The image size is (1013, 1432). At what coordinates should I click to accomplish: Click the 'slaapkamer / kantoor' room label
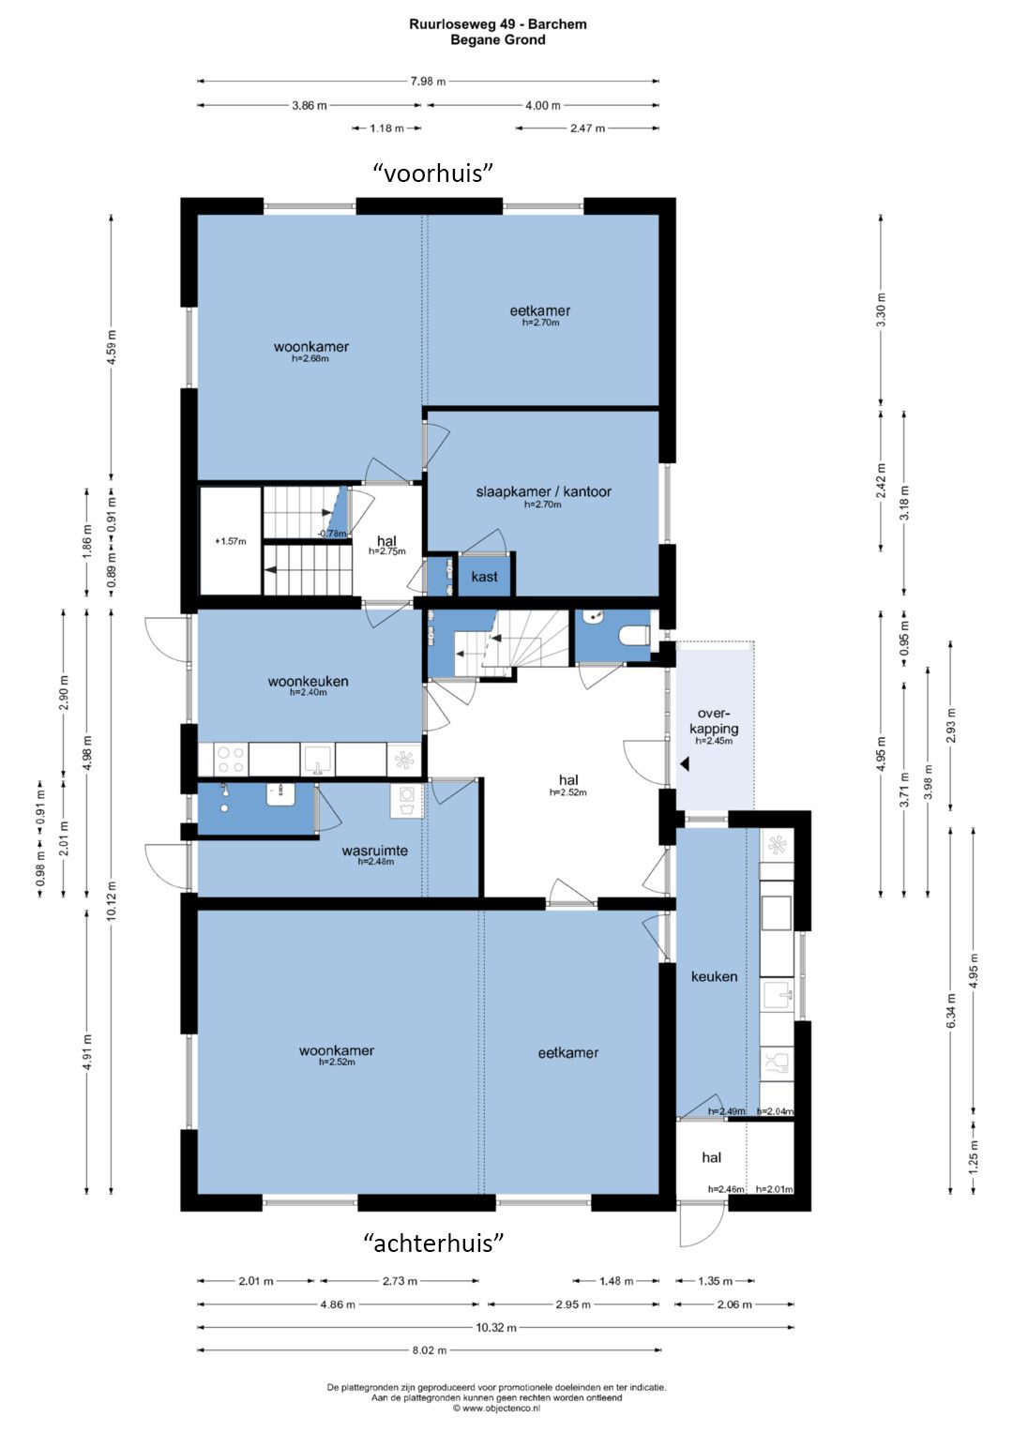tap(543, 491)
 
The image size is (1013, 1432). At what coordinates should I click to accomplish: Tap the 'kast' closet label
tap(484, 577)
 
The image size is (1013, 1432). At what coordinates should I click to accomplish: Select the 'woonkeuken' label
tap(309, 682)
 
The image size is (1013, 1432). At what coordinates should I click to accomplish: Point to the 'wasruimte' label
tap(375, 851)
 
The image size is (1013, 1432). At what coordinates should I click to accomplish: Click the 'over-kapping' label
tap(714, 721)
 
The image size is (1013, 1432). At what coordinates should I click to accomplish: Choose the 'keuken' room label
tap(715, 976)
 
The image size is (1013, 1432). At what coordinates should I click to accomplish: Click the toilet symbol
tap(634, 636)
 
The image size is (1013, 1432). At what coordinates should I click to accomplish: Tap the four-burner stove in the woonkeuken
tap(230, 761)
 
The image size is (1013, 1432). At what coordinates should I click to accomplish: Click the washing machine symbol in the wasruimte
tap(407, 802)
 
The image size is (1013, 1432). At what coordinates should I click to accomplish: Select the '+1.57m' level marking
tap(230, 541)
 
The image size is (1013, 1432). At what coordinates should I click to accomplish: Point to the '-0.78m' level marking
tap(332, 534)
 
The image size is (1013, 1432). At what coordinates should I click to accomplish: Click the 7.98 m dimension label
tap(428, 82)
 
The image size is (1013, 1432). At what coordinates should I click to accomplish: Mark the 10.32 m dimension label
tap(496, 1327)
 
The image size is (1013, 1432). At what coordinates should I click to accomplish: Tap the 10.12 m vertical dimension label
tap(112, 901)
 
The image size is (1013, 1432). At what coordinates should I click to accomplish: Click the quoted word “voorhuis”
tap(433, 173)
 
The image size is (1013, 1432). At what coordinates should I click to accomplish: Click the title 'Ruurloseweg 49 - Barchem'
tap(498, 24)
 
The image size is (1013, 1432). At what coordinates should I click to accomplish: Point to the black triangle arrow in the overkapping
tap(685, 763)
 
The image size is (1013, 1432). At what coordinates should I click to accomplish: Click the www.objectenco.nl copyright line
tap(497, 1408)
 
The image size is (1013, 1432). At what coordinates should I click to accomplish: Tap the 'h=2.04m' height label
tap(775, 1111)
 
